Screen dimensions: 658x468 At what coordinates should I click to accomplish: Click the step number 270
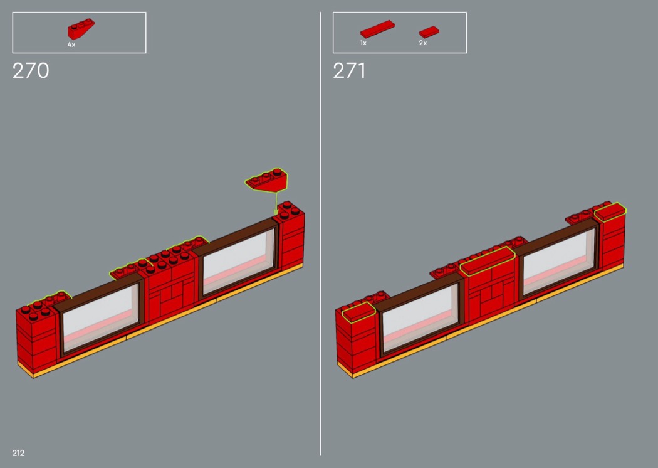(31, 71)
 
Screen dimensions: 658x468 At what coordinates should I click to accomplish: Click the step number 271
(349, 71)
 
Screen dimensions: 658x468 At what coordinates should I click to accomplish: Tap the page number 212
(18, 453)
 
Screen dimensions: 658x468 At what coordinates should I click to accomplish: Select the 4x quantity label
(71, 45)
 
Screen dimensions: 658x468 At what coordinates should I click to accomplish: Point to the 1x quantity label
(363, 43)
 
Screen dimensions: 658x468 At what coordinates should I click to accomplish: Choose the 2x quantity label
(423, 43)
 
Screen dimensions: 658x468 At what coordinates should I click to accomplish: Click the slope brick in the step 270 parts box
(81, 29)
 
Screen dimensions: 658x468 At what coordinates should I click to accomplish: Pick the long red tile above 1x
(377, 29)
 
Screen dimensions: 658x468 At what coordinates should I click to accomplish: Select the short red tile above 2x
(429, 32)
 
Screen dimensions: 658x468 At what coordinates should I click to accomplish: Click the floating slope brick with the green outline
(267, 180)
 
